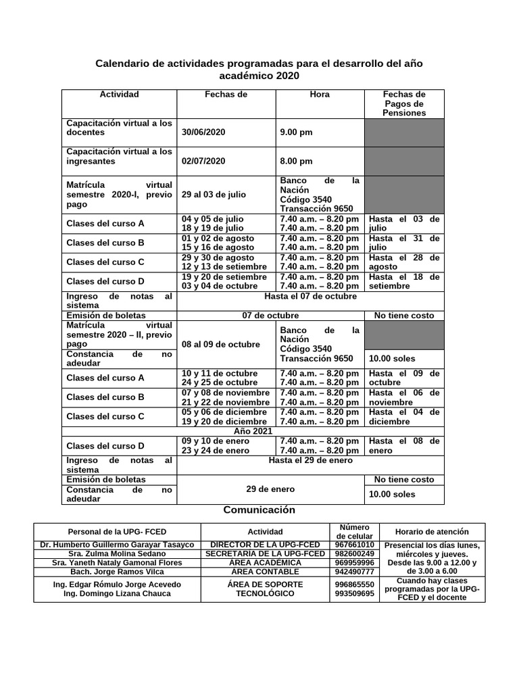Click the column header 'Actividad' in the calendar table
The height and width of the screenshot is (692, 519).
pyautogui.click(x=119, y=95)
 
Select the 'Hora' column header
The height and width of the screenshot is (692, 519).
pyautogui.click(x=319, y=95)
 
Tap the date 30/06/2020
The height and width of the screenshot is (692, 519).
pyautogui.click(x=203, y=132)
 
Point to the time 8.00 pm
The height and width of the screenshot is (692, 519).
pyautogui.click(x=296, y=162)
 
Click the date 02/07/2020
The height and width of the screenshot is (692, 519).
pyautogui.click(x=203, y=162)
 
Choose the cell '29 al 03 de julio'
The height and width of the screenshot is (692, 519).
pyautogui.click(x=214, y=195)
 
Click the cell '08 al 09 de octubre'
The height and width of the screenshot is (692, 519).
pyautogui.click(x=221, y=345)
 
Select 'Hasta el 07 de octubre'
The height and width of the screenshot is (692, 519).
pyautogui.click(x=311, y=296)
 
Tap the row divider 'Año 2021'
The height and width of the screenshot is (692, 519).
pyautogui.click(x=253, y=431)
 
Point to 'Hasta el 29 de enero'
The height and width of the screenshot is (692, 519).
pyautogui.click(x=311, y=460)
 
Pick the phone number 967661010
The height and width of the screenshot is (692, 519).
pyautogui.click(x=355, y=545)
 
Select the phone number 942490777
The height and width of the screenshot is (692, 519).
pyautogui.click(x=355, y=572)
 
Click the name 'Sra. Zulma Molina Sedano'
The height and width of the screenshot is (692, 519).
pyautogui.click(x=116, y=554)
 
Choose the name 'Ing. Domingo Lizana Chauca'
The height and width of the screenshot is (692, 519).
pyautogui.click(x=116, y=594)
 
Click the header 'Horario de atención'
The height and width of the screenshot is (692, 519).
pyautogui.click(x=432, y=532)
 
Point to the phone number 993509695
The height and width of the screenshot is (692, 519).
pyautogui.click(x=355, y=594)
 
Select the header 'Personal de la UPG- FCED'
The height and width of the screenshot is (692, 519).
pyautogui.click(x=116, y=532)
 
